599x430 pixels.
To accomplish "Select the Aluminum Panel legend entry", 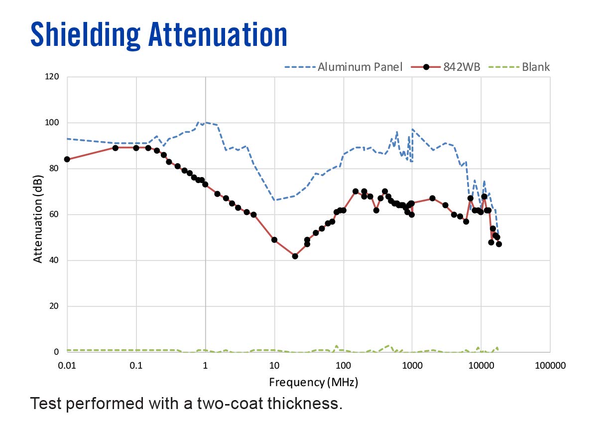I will (359, 67).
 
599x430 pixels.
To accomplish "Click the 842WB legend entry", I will (462, 67).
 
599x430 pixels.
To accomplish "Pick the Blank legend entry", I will (536, 67).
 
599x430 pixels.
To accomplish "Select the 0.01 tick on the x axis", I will (67, 365).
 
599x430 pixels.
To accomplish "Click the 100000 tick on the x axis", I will (550, 365).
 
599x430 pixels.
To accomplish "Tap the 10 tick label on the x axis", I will (274, 365).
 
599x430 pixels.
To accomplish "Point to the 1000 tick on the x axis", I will (412, 365).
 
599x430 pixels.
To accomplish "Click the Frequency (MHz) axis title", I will (313, 383).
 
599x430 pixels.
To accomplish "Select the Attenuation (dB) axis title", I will (38, 215).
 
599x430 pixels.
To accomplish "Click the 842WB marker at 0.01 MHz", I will (67, 159).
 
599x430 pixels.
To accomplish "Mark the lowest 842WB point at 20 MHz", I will (295, 256).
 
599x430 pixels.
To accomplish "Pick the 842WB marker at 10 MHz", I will (274, 239).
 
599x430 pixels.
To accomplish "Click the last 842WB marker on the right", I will (499, 244).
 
